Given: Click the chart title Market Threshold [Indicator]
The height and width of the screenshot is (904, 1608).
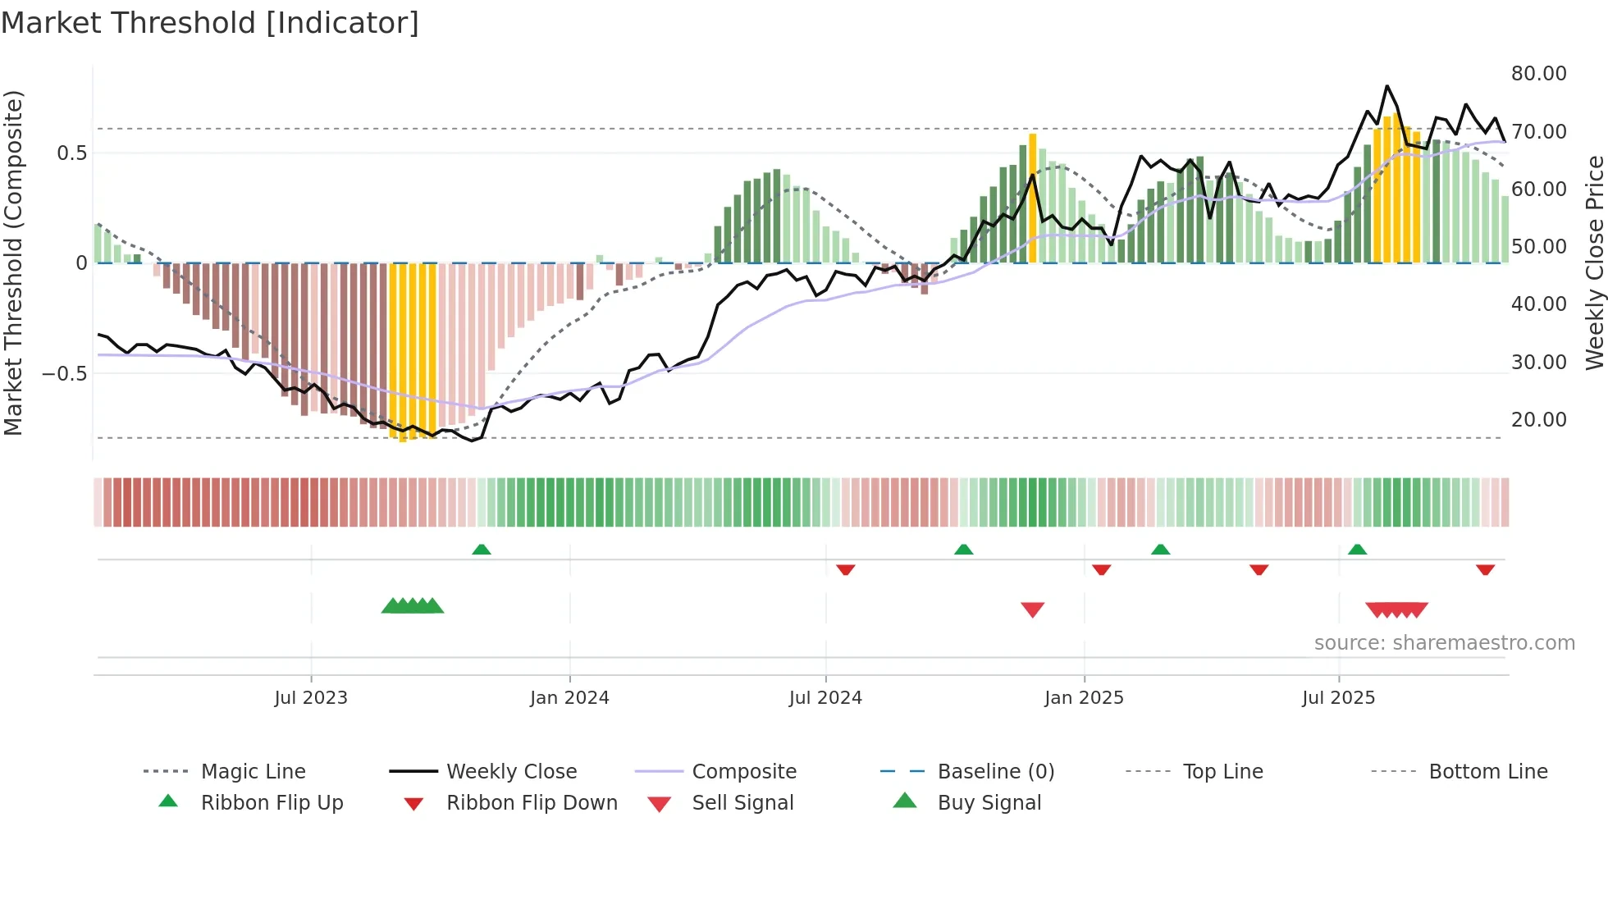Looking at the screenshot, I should pyautogui.click(x=210, y=23).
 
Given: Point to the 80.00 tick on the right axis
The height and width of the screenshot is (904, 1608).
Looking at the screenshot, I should pyautogui.click(x=1538, y=74).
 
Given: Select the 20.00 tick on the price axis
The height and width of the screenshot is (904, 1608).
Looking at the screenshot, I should pyautogui.click(x=1538, y=420).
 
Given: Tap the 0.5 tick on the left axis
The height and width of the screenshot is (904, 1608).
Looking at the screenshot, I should pyautogui.click(x=71, y=153).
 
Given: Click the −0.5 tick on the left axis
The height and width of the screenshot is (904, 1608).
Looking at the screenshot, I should pyautogui.click(x=65, y=374).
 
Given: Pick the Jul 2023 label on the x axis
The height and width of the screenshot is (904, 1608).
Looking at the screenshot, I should pyautogui.click(x=311, y=698).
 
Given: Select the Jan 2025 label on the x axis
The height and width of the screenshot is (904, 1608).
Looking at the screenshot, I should pyautogui.click(x=1084, y=698).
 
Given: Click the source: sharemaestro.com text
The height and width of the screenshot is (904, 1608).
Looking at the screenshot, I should pyautogui.click(x=1444, y=643).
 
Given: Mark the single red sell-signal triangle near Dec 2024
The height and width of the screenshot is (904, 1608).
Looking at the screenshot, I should pyautogui.click(x=1032, y=610).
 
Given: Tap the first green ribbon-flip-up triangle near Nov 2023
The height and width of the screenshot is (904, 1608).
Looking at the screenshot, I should pyautogui.click(x=482, y=550).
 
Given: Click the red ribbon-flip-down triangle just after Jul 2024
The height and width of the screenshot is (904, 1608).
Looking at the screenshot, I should pyautogui.click(x=846, y=569).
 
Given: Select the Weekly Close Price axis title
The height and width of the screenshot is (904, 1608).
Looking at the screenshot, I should pyautogui.click(x=1594, y=263).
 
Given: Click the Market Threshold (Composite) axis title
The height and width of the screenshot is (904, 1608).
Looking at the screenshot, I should pyautogui.click(x=13, y=263).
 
